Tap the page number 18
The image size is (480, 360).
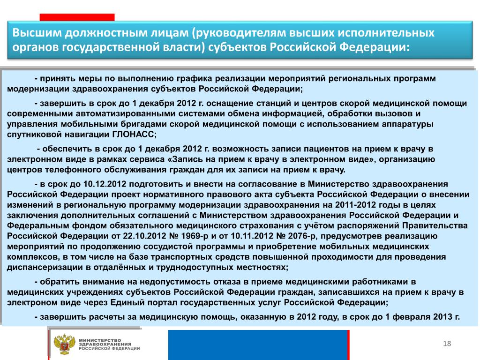tap(446, 345)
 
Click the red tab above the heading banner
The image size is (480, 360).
tap(77, 17)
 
